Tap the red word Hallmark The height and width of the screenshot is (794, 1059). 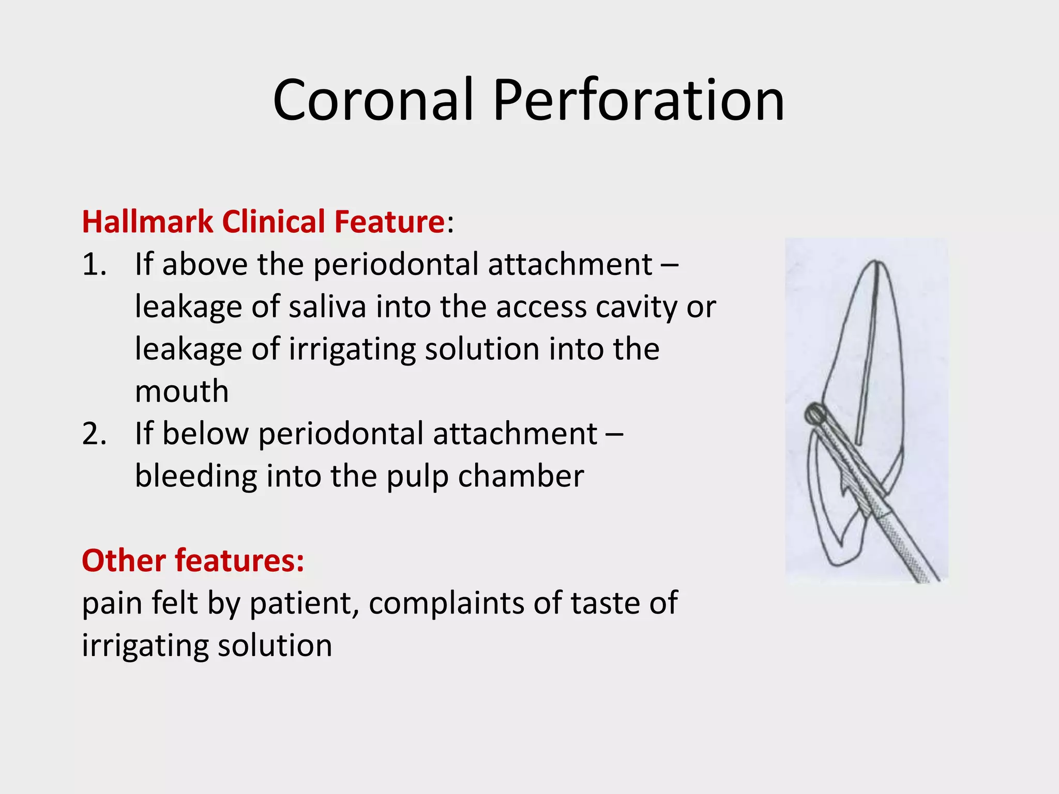point(147,222)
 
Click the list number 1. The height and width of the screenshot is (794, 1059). point(93,265)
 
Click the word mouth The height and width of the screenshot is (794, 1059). point(181,391)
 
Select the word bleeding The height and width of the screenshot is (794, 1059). point(195,476)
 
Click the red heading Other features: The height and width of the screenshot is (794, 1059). point(193,560)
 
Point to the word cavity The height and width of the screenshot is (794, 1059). point(638,307)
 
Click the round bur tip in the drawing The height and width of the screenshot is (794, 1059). point(815,414)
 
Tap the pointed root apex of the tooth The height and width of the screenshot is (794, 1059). point(878,263)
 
